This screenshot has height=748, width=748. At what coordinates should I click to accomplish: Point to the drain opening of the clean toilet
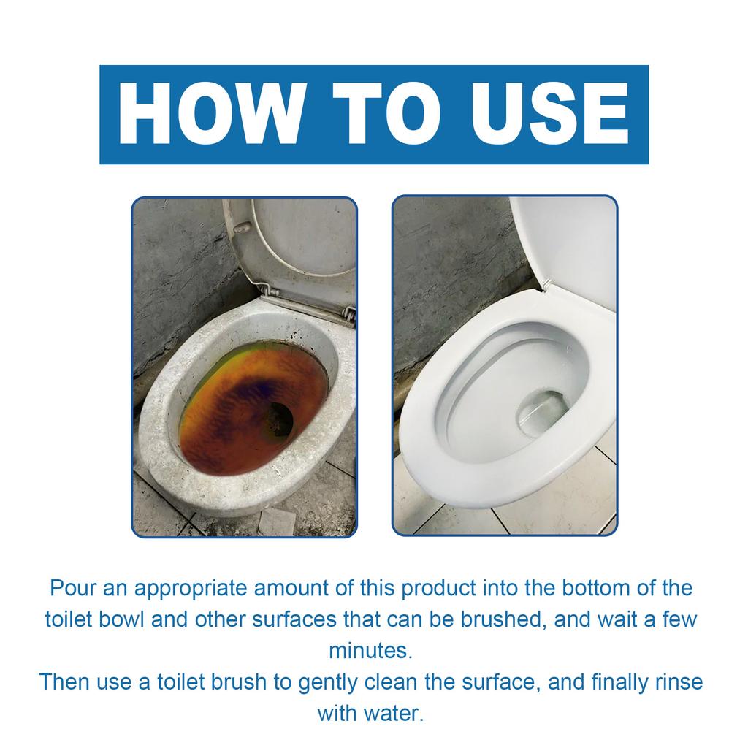click(541, 413)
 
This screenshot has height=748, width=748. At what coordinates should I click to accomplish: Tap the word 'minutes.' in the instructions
click(370, 650)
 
